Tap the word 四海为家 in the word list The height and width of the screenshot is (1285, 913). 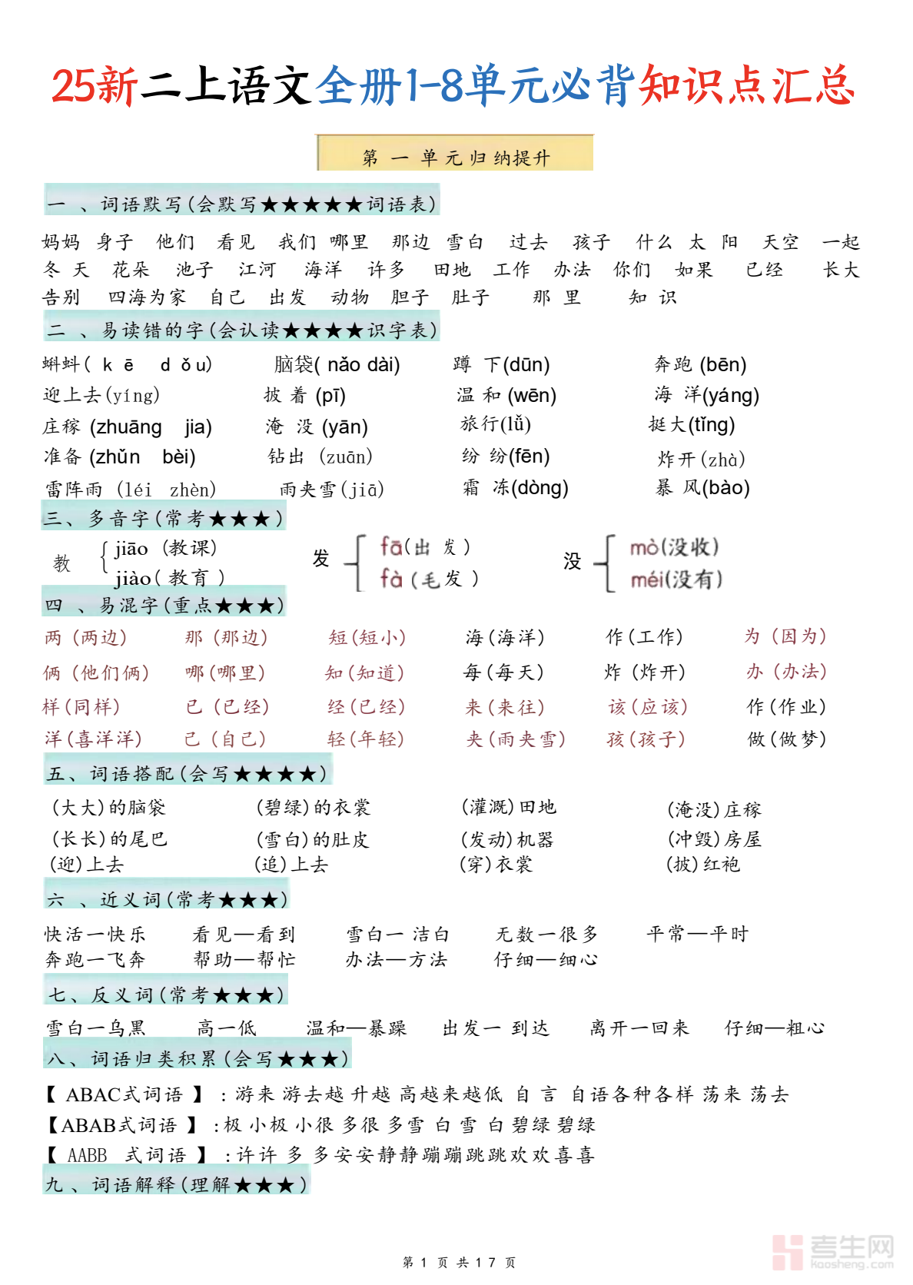tap(146, 297)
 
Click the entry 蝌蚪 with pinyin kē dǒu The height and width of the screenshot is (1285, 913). tap(127, 364)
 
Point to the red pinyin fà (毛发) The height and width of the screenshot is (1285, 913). tap(429, 578)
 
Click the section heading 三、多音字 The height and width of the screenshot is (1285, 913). tap(163, 518)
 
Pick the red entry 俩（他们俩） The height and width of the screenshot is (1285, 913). tap(96, 672)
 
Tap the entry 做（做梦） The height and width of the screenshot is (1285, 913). tap(787, 739)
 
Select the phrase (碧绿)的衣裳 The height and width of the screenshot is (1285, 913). tap(314, 807)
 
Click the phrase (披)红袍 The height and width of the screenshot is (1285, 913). tap(703, 865)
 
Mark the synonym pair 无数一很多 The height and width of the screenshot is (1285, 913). tap(546, 934)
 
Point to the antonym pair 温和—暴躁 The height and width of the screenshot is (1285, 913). tap(356, 1028)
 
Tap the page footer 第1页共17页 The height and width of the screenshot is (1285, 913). tap(459, 1262)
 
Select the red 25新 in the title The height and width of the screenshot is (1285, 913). tap(94, 86)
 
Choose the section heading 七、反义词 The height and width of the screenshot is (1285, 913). tap(166, 994)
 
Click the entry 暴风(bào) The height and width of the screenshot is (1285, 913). tap(702, 487)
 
